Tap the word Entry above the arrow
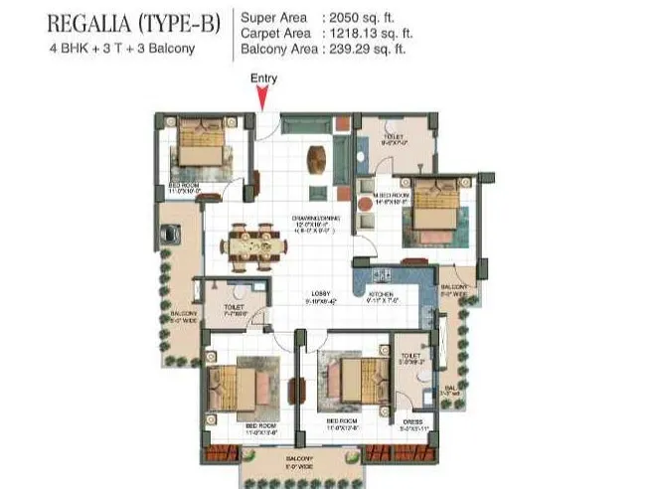pos(263,78)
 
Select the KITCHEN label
pos(383,294)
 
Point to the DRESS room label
pos(411,421)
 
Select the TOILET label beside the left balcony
pos(235,308)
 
